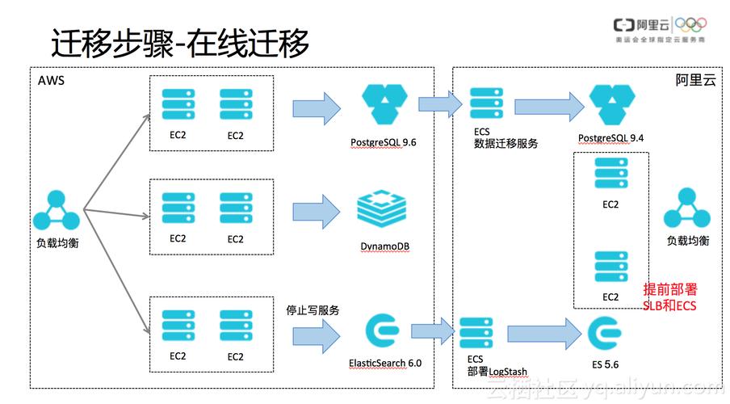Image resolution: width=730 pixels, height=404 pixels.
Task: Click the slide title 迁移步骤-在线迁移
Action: coord(180,44)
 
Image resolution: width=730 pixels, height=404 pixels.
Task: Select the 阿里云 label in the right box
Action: coord(695,81)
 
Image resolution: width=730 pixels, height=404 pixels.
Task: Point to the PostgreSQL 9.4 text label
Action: coord(610,138)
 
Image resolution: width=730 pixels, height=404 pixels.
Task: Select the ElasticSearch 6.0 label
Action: coord(385,363)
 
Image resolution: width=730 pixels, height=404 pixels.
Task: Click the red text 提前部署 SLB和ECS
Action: coord(669,297)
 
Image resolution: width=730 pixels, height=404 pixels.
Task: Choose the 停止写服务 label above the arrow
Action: coord(313,310)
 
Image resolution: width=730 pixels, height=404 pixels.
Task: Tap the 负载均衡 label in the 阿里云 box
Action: coord(687,241)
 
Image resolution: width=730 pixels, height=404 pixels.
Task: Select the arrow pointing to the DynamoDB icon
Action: coord(316,210)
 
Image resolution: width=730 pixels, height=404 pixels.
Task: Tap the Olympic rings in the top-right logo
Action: coord(690,25)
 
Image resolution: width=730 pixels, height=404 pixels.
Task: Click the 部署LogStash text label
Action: coord(497,372)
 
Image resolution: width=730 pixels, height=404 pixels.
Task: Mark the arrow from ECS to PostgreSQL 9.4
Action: coord(549,105)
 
